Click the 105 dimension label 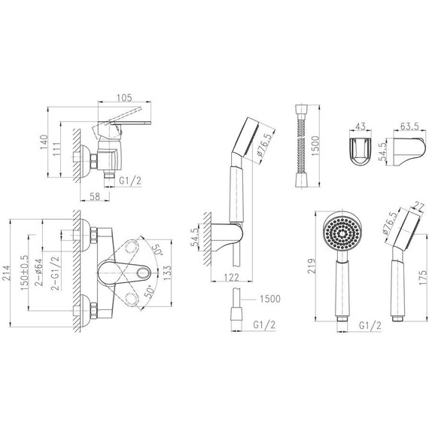coord(124,98)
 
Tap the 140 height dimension coord(44,142)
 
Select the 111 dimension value coord(57,149)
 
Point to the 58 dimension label coord(95,196)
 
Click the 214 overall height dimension coord(6,272)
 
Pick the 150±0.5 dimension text coord(24,272)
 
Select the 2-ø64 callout coord(38,272)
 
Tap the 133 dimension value coord(166,272)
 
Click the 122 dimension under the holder coord(232,278)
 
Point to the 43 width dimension coord(360,126)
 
